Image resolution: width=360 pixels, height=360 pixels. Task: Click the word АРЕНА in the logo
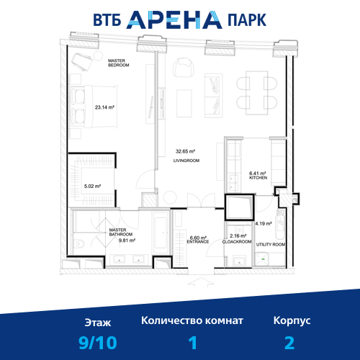pyautogui.click(x=174, y=20)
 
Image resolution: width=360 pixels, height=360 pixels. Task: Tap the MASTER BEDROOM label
pyautogui.click(x=119, y=63)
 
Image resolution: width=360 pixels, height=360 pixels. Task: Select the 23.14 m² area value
pyautogui.click(x=104, y=107)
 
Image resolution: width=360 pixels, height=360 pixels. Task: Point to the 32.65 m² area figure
pyautogui.click(x=185, y=151)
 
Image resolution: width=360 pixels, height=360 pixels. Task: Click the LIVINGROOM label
pyautogui.click(x=186, y=161)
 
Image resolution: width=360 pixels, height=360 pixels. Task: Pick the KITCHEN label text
pyautogui.click(x=258, y=178)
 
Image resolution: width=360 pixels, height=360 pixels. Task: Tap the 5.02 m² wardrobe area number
pyautogui.click(x=92, y=186)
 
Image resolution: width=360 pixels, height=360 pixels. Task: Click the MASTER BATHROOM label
pyautogui.click(x=121, y=232)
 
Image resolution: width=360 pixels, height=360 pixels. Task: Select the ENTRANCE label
pyautogui.click(x=198, y=242)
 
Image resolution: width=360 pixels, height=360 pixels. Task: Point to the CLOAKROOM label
pyautogui.click(x=237, y=242)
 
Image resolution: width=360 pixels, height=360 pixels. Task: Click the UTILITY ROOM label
pyautogui.click(x=271, y=245)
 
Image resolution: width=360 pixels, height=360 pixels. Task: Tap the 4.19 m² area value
pyautogui.click(x=264, y=224)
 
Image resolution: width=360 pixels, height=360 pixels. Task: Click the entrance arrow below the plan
pyautogui.click(x=201, y=282)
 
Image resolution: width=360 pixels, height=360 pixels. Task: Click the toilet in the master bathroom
pyautogui.click(x=79, y=244)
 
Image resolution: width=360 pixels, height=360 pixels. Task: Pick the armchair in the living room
pyautogui.click(x=184, y=67)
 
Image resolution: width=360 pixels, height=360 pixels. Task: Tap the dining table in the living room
pyautogui.click(x=256, y=93)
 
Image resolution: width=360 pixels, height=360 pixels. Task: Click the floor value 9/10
pyautogui.click(x=98, y=343)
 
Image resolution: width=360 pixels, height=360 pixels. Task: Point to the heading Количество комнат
pyautogui.click(x=192, y=320)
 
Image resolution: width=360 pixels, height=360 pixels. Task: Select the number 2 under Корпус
pyautogui.click(x=289, y=343)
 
